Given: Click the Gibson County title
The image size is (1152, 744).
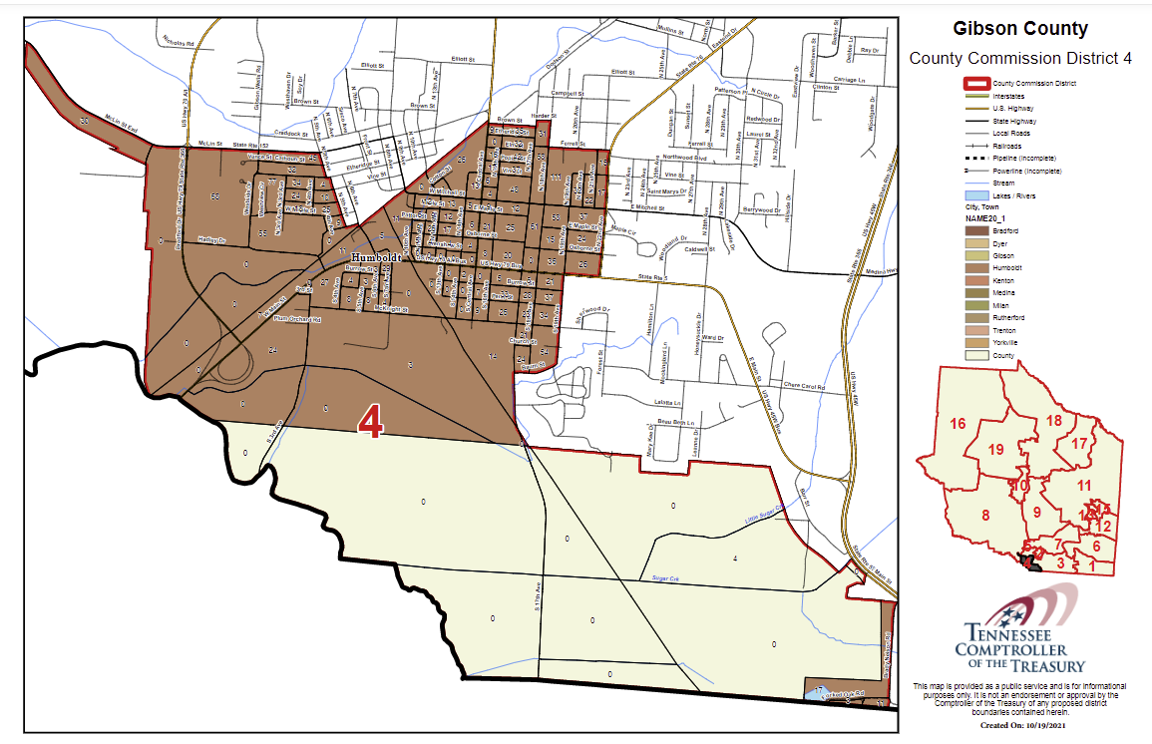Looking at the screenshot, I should click(x=1019, y=29).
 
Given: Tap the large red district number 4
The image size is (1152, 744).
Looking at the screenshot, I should click(x=371, y=424).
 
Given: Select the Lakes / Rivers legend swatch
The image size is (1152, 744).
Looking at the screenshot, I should click(x=976, y=195).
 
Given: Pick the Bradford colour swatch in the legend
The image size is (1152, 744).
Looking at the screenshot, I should click(x=976, y=230).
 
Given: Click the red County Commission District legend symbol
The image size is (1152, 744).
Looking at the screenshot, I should click(x=976, y=84).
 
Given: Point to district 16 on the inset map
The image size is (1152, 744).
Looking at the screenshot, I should click(x=958, y=424).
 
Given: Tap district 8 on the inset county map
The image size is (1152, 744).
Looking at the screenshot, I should click(x=984, y=515).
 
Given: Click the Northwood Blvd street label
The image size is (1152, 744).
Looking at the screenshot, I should click(x=685, y=158).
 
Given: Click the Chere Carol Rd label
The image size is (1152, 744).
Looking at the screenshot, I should click(x=806, y=385).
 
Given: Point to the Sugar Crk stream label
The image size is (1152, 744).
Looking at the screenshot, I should click(x=665, y=577).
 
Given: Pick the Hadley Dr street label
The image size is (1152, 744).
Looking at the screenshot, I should click(x=211, y=240).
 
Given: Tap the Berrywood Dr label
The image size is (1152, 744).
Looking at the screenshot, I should click(x=767, y=210).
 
